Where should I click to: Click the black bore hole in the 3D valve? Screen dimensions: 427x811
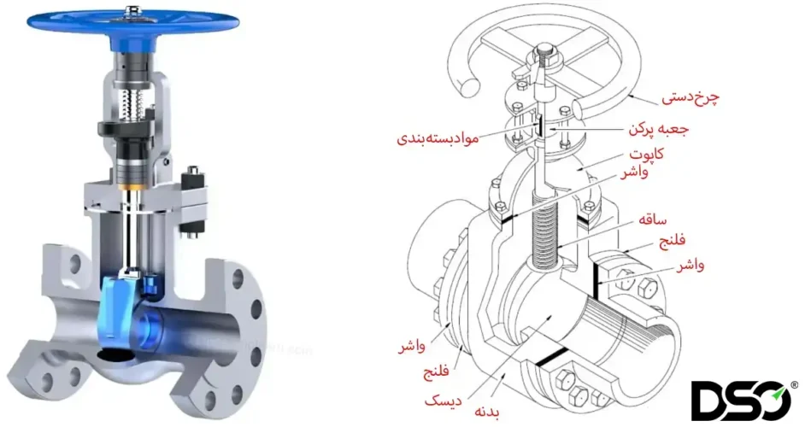pos(109,353)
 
